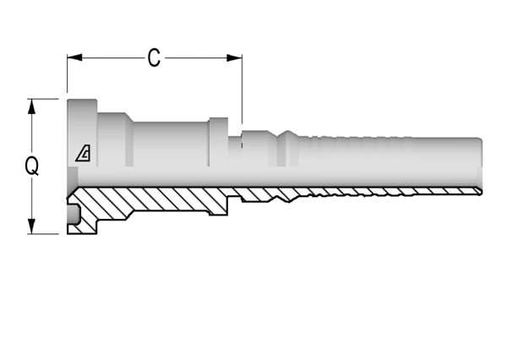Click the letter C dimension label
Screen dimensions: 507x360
tap(154, 58)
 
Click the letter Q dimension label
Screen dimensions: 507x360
tap(32, 166)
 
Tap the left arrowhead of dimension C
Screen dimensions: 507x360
tap(74, 58)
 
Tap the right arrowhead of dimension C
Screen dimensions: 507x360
tap(234, 58)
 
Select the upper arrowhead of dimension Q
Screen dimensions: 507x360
tap(31, 106)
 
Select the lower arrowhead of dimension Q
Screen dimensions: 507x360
tap(31, 226)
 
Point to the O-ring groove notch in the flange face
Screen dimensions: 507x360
tap(73, 214)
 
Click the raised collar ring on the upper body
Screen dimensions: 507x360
tap(218, 142)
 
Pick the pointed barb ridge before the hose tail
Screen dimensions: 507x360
tap(287, 148)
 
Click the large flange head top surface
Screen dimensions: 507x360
tap(82, 133)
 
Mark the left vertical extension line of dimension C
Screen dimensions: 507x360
tap(68, 74)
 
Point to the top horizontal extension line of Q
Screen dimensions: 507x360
tap(43, 99)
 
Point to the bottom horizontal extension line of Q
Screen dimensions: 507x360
tap(43, 233)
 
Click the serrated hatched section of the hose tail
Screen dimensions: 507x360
tap(388, 192)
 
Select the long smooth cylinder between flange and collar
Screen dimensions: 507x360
tap(171, 145)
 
